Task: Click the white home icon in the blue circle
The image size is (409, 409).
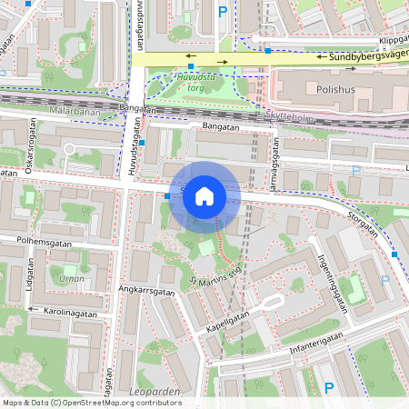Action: tap(204, 196)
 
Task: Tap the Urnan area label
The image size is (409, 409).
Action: tap(71, 278)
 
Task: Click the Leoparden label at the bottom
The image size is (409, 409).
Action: tap(155, 391)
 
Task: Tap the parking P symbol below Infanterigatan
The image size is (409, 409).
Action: tap(330, 388)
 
